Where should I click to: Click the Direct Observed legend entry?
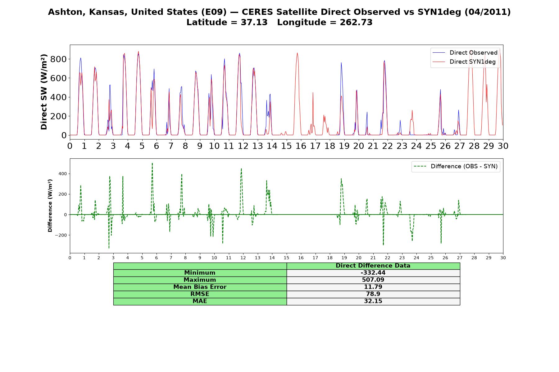tap(465, 53)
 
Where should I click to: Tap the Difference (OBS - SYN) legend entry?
tap(456, 166)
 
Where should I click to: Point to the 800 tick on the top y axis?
tap(58, 59)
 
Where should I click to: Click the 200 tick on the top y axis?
tap(58, 116)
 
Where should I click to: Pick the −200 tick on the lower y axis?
tap(61, 235)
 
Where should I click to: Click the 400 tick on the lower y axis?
tap(62, 174)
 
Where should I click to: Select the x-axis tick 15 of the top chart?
tap(286, 146)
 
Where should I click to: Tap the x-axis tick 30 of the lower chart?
tap(503, 258)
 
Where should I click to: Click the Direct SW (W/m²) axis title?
tap(44, 92)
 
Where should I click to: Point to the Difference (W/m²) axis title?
tap(50, 206)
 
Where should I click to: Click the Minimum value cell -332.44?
tap(373, 273)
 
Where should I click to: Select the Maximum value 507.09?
tap(373, 280)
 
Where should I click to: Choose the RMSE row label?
tap(200, 294)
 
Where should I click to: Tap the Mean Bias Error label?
tap(200, 287)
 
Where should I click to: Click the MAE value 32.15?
tap(373, 301)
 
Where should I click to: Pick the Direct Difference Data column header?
tap(373, 266)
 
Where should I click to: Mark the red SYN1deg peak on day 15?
tap(297, 53)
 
